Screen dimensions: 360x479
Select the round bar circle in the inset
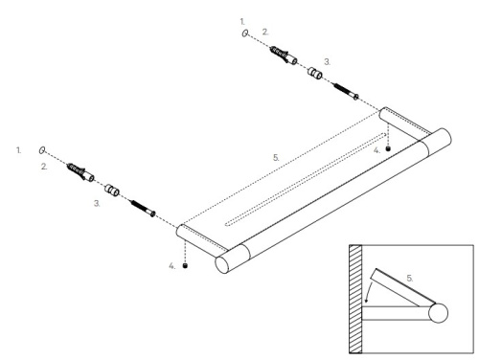pos(439,312)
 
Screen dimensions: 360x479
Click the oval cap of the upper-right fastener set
pos(248,33)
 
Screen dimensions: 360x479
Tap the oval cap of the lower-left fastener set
pos(43,150)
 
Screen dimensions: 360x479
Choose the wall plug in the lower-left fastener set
pos(80,171)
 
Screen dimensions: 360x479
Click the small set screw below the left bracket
pos(185,265)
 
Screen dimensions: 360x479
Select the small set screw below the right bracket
pos(388,148)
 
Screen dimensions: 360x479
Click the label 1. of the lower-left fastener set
pos(18,149)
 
